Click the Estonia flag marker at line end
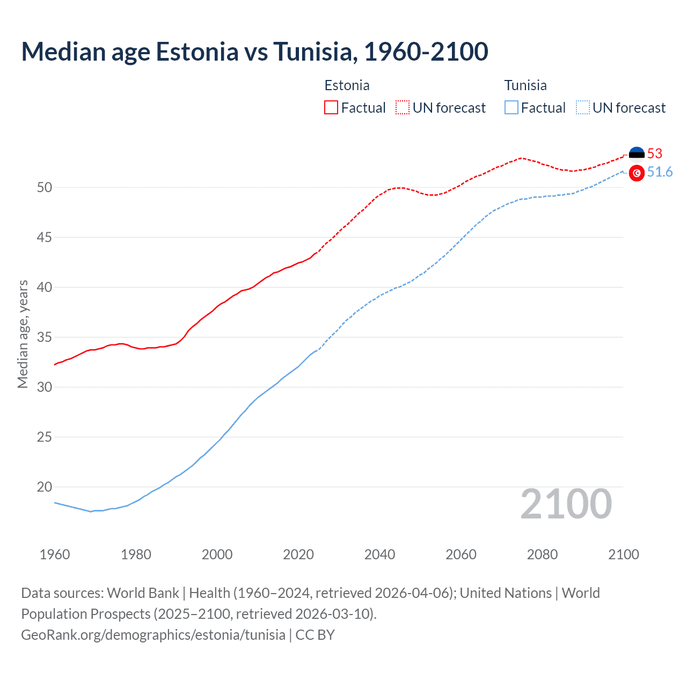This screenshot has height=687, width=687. point(637,155)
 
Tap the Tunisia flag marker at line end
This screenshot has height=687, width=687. point(637,173)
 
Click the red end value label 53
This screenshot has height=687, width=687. point(655,154)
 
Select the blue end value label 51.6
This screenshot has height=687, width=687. point(660,172)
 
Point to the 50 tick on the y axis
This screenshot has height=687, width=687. point(45,187)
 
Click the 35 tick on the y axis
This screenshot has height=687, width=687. point(45,337)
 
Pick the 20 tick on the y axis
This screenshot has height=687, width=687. point(45,487)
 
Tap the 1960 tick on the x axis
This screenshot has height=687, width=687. point(55,554)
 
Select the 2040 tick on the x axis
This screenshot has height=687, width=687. point(379,554)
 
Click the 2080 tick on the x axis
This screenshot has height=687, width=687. point(542,554)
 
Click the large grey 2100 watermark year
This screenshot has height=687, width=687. point(566,503)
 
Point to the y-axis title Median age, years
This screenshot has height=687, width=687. point(23,334)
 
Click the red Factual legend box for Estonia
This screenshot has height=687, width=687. point(331,107)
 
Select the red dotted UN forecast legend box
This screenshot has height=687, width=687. point(403,107)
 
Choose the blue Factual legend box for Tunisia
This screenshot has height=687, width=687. point(511,107)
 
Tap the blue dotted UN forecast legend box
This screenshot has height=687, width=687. point(583,107)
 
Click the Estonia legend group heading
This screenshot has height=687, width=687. point(347,85)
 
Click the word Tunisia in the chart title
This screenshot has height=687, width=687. point(313,52)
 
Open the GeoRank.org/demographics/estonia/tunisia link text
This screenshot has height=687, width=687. point(153,634)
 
